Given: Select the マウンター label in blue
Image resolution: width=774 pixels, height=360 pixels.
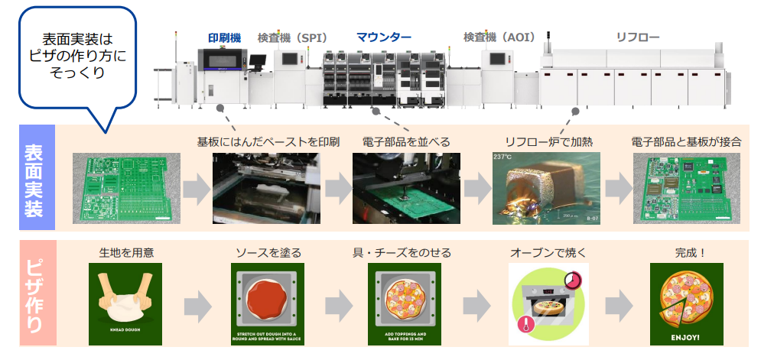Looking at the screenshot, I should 384,37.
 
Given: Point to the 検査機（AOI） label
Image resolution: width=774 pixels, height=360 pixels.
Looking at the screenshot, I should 499,37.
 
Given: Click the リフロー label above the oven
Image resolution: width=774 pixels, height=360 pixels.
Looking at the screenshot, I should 638,37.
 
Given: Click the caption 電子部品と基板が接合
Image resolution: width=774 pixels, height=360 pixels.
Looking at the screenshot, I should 686,142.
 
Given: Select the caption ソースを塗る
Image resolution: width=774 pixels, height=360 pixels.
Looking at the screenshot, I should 268,252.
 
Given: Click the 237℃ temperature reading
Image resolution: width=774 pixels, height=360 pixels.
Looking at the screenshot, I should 502,157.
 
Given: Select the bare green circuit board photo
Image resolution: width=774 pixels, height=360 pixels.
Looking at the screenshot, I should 126,188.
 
